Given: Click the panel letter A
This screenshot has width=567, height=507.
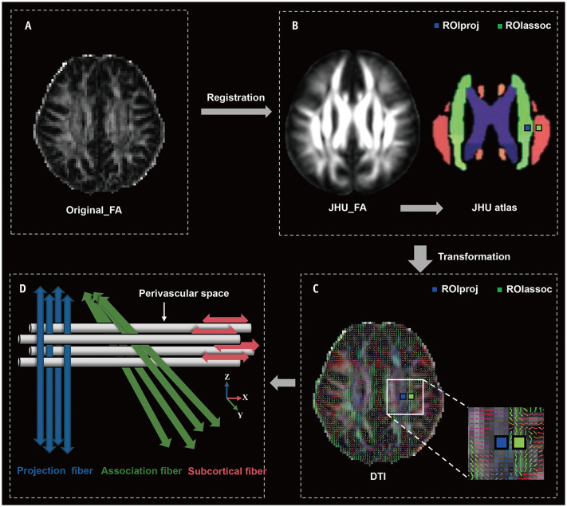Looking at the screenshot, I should click(x=28, y=26).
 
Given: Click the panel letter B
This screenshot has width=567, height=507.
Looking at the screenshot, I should click(x=294, y=26).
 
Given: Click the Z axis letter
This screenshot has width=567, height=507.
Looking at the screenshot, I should click(x=228, y=376).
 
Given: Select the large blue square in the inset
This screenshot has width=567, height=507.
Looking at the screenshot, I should click(x=501, y=442).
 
